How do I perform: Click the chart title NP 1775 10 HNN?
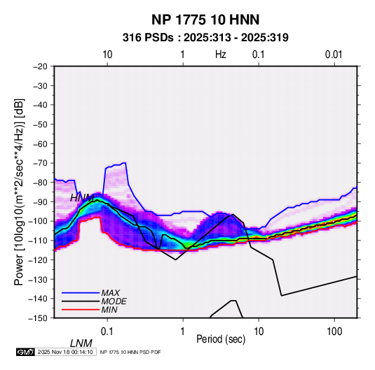[205, 20]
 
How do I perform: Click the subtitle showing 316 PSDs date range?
[205, 38]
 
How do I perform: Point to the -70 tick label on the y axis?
[40, 163]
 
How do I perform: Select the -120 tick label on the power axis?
[38, 260]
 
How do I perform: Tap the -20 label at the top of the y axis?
[40, 66]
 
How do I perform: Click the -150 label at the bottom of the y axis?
[38, 318]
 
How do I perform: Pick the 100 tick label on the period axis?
[334, 332]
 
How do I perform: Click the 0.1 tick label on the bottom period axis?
[107, 332]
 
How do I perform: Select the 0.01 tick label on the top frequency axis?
[334, 55]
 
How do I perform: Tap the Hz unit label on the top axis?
[221, 55]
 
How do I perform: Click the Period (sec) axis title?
[221, 339]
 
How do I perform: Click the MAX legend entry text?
[111, 293]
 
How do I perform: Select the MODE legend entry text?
[114, 301]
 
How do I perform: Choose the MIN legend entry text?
[109, 310]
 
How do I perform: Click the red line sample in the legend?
[81, 310]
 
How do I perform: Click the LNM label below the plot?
[81, 343]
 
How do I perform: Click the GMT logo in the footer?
[26, 352]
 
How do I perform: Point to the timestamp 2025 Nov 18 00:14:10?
[65, 352]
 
